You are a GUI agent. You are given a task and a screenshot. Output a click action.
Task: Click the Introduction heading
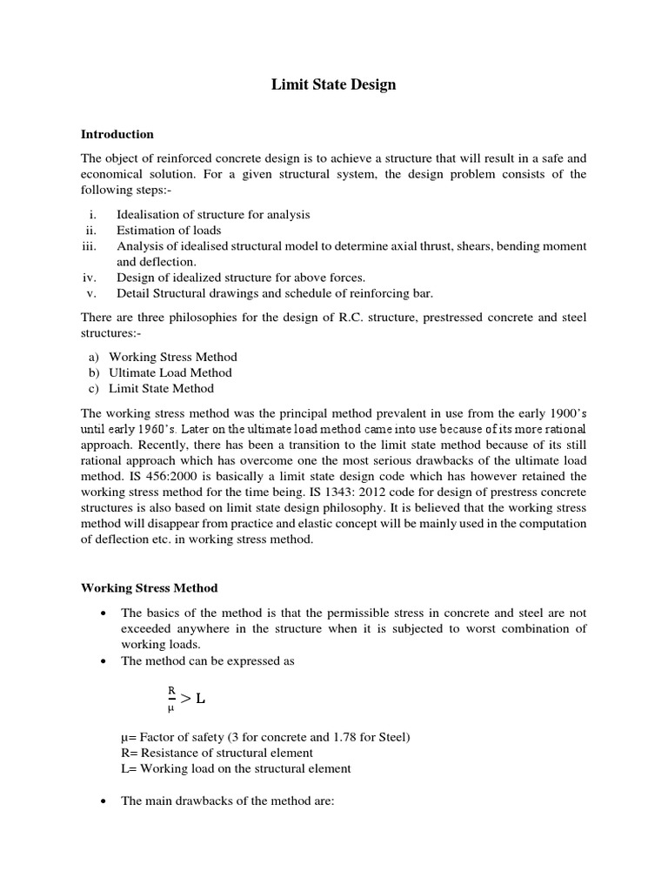coord(117,134)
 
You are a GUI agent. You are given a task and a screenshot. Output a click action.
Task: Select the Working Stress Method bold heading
coord(149,588)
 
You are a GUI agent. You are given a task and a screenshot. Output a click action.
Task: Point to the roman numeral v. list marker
coord(91,293)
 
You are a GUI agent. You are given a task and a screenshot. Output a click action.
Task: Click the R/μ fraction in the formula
coord(171,698)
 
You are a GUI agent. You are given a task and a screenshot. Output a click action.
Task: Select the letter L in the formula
coord(201,698)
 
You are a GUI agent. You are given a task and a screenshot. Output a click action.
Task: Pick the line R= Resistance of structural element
coord(217,753)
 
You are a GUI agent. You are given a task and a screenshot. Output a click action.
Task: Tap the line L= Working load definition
coord(236,768)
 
